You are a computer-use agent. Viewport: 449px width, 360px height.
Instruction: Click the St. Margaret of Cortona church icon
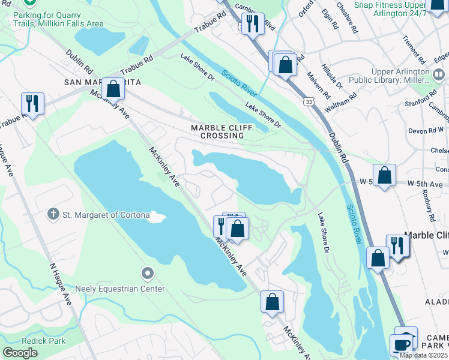[54, 214]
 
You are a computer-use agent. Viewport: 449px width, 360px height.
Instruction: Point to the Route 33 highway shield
[308, 103]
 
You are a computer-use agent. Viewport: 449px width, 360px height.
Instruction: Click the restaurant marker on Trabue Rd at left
[32, 103]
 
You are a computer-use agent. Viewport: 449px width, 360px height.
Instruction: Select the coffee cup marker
[401, 346]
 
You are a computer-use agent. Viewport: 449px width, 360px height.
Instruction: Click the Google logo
[20, 353]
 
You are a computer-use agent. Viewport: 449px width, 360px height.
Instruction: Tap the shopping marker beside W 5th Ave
[384, 175]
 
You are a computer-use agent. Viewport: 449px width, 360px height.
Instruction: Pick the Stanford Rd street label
[414, 98]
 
